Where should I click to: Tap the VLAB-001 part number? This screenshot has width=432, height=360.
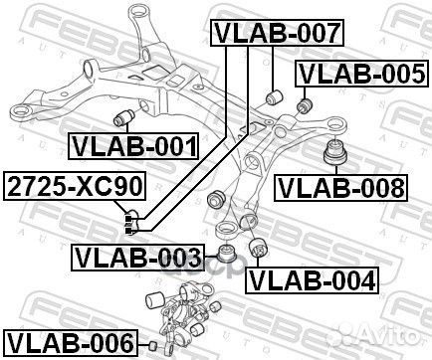coord(132,148)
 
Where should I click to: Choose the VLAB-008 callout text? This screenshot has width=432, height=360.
coord(340,186)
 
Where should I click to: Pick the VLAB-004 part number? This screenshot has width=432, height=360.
coord(313,279)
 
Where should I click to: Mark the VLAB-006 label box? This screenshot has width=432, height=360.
coord(69,343)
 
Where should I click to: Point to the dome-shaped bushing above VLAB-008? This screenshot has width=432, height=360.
coord(332,154)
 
